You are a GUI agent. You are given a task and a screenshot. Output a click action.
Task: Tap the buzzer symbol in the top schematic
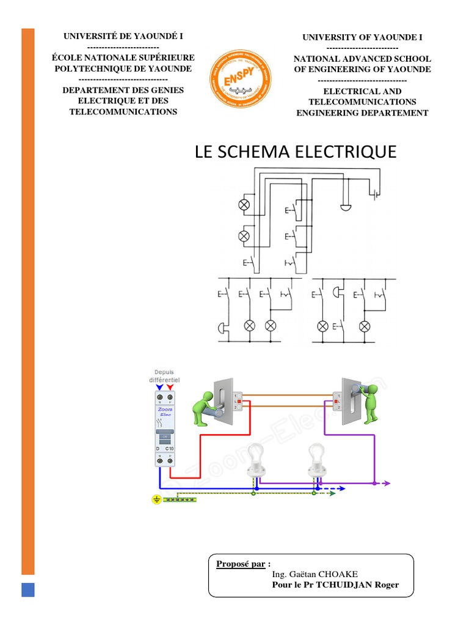(x=346, y=208)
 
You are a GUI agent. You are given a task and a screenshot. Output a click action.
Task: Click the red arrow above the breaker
(x=170, y=387)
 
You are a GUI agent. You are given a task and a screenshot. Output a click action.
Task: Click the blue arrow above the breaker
(x=160, y=387)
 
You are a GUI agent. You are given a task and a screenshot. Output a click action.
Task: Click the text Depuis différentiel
(x=164, y=375)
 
